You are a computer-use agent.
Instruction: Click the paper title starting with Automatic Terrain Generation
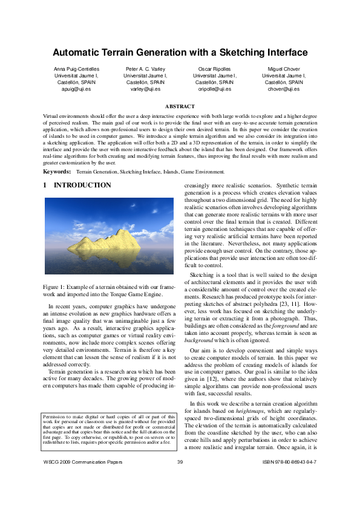(180, 52)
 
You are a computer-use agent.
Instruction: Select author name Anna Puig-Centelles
(76, 69)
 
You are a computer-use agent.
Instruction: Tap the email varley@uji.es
(145, 89)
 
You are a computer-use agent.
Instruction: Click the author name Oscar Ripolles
(215, 69)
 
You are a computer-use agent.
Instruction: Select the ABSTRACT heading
(180, 106)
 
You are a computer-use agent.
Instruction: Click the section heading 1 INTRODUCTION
(77, 186)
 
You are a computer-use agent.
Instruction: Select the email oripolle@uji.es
(215, 89)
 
